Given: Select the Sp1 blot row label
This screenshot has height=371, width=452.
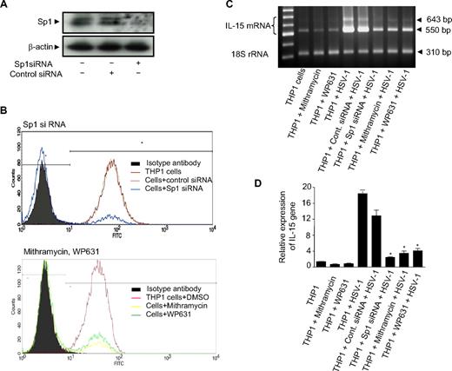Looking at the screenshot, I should (23, 16).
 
